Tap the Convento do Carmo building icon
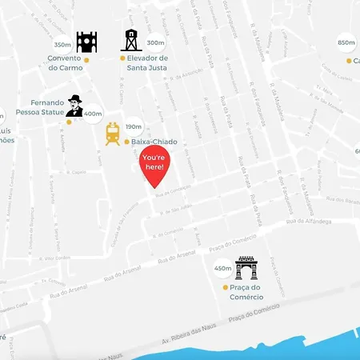click(x=86, y=42)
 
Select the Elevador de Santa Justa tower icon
click(x=130, y=40)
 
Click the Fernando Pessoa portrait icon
click(x=74, y=106)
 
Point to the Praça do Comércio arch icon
click(x=246, y=268)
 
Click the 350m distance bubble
click(x=62, y=45)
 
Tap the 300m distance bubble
click(x=155, y=42)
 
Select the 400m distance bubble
click(x=93, y=114)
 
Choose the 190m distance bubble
click(x=134, y=126)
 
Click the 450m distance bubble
click(x=222, y=268)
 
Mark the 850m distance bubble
click(x=346, y=43)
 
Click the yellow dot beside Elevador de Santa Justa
click(x=122, y=58)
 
